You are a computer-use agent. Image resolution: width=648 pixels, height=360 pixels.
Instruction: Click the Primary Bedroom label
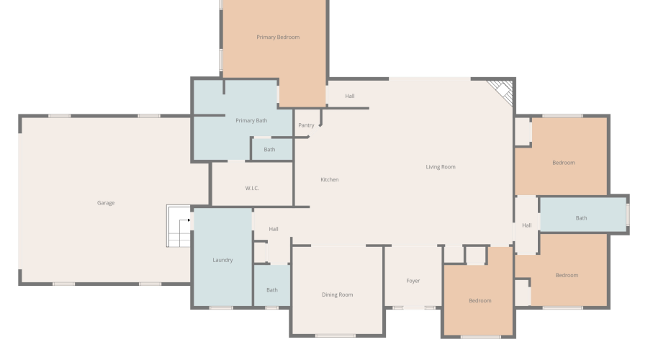pyautogui.click(x=278, y=37)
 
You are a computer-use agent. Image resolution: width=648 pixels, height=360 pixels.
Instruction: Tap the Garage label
pyautogui.click(x=106, y=203)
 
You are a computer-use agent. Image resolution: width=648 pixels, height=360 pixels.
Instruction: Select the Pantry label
pyautogui.click(x=306, y=125)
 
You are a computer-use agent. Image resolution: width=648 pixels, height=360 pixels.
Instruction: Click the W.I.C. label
pyautogui.click(x=252, y=188)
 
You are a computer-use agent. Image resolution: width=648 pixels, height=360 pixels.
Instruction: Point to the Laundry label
pyautogui.click(x=222, y=260)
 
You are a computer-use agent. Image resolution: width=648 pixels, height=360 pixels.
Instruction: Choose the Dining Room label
pyautogui.click(x=337, y=294)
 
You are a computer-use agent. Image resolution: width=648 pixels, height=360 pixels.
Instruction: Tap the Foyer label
pyautogui.click(x=413, y=281)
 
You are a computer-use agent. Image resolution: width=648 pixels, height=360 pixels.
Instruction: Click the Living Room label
pyautogui.click(x=441, y=167)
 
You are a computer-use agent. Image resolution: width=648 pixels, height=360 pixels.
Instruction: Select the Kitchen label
pyautogui.click(x=329, y=179)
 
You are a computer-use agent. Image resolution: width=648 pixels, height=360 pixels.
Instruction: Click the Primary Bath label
pyautogui.click(x=251, y=121)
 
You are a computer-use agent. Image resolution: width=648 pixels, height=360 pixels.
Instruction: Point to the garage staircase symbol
pyautogui.click(x=179, y=226)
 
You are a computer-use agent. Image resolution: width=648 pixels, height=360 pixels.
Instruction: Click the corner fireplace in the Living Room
pyautogui.click(x=502, y=91)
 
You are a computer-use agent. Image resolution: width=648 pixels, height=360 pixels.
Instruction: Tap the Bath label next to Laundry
pyautogui.click(x=272, y=290)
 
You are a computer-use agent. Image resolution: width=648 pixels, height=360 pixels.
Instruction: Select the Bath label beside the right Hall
pyautogui.click(x=581, y=218)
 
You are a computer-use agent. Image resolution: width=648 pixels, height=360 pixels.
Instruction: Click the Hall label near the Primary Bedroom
pyautogui.click(x=350, y=96)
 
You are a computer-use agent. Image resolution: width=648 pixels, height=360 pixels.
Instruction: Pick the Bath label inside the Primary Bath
pyautogui.click(x=269, y=150)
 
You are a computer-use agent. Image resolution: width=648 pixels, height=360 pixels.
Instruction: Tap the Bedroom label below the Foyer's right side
pyautogui.click(x=480, y=300)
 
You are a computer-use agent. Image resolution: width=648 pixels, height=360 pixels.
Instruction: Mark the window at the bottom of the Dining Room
pyautogui.click(x=335, y=336)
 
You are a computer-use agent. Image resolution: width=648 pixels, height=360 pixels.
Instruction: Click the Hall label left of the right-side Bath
pyautogui.click(x=526, y=225)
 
